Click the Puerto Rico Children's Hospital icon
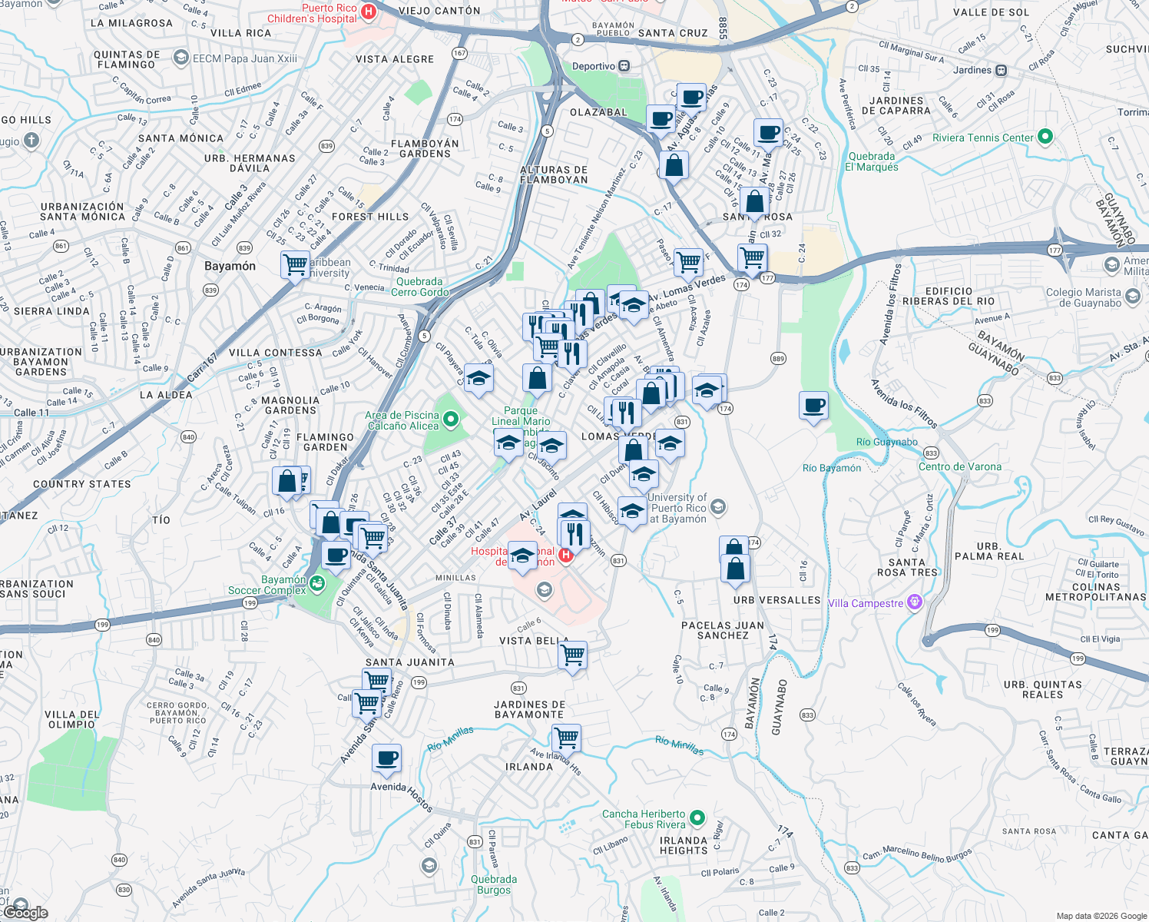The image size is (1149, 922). coord(369,12)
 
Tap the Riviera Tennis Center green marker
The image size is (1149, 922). coord(1045,138)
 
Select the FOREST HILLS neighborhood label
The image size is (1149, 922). coord(370,217)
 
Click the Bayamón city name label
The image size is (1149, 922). coord(230,266)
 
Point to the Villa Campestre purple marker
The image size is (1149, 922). coord(914,602)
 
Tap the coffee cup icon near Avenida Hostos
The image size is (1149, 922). coord(387,758)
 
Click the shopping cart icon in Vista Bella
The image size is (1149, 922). coord(573,655)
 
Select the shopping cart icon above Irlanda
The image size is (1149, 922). coord(567,738)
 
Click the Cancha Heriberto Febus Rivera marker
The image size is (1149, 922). coord(697,818)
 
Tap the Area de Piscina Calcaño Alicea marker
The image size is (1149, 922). coord(451,420)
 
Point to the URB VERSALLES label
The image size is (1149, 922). coord(776,600)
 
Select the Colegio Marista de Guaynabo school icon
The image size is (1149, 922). coord(1132,297)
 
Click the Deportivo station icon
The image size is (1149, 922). coord(624,66)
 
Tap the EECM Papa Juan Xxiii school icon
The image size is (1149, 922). coord(181,58)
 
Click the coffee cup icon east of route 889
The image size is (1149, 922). coord(813,405)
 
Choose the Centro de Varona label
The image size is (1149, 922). coord(959,466)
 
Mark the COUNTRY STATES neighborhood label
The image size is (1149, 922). coord(81,484)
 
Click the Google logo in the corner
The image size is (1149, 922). coord(26,912)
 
